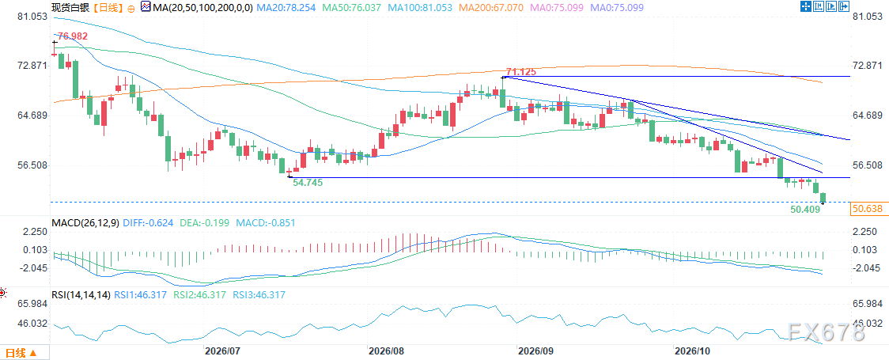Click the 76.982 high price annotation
74,36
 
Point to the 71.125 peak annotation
521,71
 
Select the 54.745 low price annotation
308,182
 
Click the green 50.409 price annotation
804,209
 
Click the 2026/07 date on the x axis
221,351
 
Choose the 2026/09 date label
535,351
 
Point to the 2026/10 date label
688,351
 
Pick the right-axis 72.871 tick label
868,66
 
